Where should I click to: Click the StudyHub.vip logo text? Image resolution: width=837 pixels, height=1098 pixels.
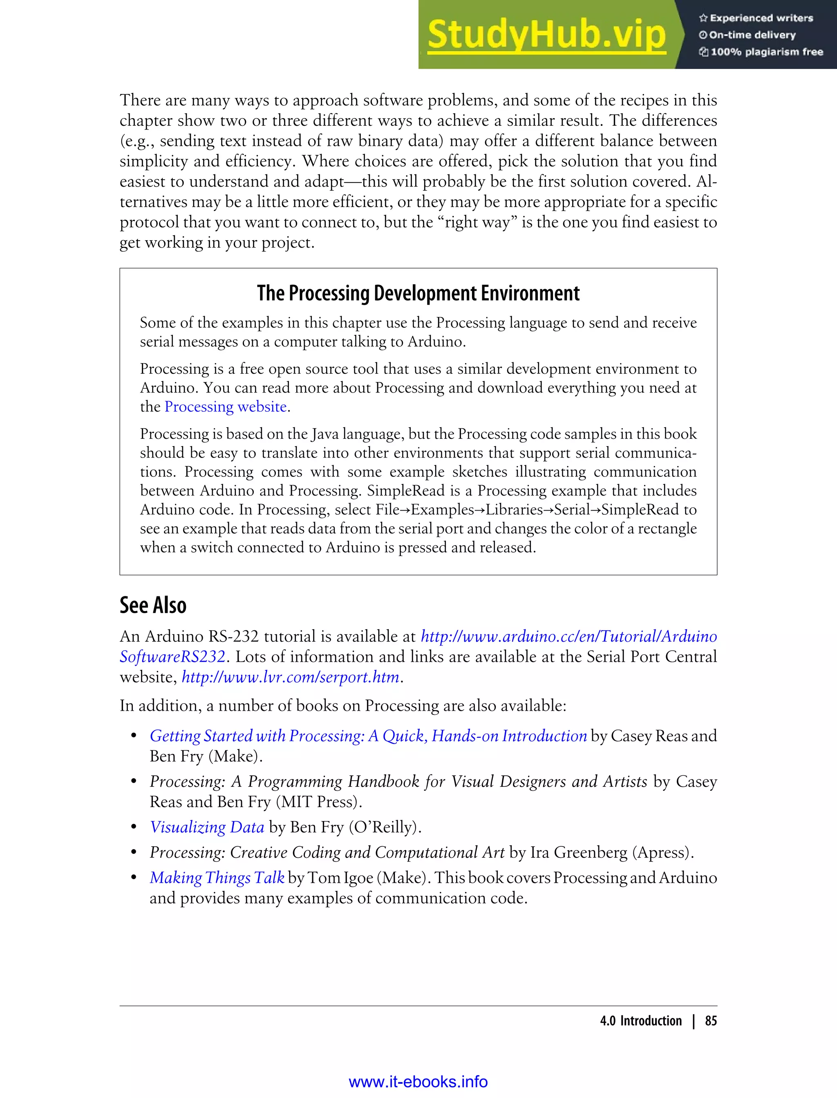(x=546, y=35)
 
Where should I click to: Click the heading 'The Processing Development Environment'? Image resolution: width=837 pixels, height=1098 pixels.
(x=418, y=293)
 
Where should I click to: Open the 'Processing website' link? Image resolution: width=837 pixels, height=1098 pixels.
(x=225, y=407)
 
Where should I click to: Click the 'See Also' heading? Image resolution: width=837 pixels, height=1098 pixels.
(x=153, y=605)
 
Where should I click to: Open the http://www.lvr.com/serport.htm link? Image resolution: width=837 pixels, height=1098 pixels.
(x=291, y=677)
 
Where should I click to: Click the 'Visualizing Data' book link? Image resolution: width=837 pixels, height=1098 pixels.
(x=207, y=827)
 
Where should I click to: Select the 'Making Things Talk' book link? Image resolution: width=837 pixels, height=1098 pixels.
(x=217, y=877)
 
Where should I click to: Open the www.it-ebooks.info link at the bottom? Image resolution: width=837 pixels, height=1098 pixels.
(x=418, y=1082)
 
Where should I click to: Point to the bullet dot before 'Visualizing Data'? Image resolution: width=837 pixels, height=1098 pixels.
(x=134, y=827)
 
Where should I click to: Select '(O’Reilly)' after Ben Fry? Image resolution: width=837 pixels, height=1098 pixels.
(x=385, y=827)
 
